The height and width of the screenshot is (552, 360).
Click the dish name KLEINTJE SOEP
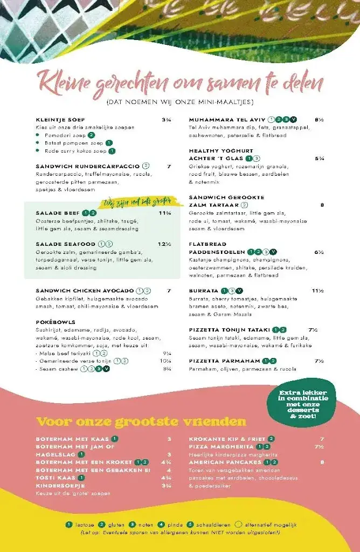click(60, 120)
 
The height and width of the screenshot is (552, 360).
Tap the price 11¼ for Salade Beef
click(165, 213)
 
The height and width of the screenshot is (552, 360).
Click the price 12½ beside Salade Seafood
click(164, 244)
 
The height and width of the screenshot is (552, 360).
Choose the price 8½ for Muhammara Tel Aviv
click(319, 120)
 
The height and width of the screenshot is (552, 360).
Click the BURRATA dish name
click(204, 291)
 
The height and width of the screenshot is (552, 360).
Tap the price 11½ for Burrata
click(317, 291)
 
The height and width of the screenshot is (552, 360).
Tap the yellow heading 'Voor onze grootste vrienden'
click(141, 422)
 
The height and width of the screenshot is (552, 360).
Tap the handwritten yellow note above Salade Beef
click(137, 203)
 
